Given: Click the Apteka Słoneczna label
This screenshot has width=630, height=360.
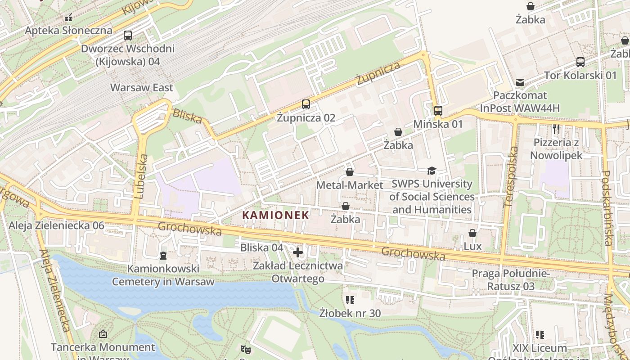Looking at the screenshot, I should pyautogui.click(x=68, y=31).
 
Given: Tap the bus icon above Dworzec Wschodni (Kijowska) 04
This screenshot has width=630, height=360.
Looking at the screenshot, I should pyautogui.click(x=128, y=36).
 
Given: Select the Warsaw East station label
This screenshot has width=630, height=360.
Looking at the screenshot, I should pyautogui.click(x=142, y=87).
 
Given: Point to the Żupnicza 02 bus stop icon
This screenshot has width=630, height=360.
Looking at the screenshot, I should pyautogui.click(x=306, y=104).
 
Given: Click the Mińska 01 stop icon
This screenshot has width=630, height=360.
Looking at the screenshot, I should pyautogui.click(x=438, y=111).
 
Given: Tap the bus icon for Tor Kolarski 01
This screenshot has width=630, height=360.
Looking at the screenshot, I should pyautogui.click(x=580, y=62).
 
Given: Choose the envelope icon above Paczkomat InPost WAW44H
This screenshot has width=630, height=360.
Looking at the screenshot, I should pyautogui.click(x=520, y=82).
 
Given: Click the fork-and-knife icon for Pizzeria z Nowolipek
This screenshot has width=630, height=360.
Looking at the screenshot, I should pyautogui.click(x=556, y=130).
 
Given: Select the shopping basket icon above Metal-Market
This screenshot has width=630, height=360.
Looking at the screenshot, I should pyautogui.click(x=350, y=172).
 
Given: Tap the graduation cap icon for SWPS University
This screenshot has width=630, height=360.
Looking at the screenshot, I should pyautogui.click(x=432, y=171).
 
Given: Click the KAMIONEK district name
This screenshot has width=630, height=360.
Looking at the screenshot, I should pyautogui.click(x=276, y=215).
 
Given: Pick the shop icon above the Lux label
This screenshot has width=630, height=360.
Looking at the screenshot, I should pyautogui.click(x=472, y=233).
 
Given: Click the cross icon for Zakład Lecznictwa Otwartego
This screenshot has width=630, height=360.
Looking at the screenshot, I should pyautogui.click(x=297, y=252).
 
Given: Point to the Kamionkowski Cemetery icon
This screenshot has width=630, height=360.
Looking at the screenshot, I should pyautogui.click(x=163, y=256).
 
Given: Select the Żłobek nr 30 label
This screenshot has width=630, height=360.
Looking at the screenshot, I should pyautogui.click(x=350, y=312).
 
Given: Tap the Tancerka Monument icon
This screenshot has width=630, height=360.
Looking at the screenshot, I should pyautogui.click(x=103, y=334).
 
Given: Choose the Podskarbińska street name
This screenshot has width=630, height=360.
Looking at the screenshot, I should pyautogui.click(x=606, y=208).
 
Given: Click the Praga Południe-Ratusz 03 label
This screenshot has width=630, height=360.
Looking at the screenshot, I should pyautogui.click(x=510, y=279).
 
